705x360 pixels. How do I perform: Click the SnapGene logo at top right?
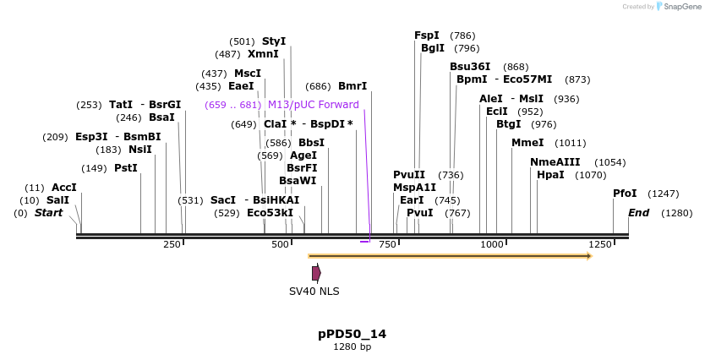point(679,7)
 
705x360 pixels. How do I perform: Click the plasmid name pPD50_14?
point(352,334)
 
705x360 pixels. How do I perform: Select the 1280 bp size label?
point(352,346)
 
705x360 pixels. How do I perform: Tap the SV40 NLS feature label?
point(314,291)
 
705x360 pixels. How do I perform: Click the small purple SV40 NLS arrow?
point(316,273)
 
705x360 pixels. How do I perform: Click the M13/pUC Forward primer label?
point(314,105)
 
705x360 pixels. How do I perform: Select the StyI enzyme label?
point(274,41)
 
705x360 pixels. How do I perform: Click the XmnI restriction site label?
point(263,54)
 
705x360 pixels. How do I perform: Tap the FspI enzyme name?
point(427,35)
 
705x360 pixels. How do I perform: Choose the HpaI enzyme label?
point(550,175)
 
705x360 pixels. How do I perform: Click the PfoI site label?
point(625,194)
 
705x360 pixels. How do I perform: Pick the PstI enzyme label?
point(126,168)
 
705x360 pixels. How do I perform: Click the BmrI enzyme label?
point(352,86)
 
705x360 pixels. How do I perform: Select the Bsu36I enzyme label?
point(470,67)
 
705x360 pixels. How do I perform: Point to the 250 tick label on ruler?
point(172,244)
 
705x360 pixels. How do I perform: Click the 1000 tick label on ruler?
point(492,244)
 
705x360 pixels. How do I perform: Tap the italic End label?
point(638,213)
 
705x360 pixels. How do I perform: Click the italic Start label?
point(48,213)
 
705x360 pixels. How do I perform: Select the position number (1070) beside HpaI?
point(591,175)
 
